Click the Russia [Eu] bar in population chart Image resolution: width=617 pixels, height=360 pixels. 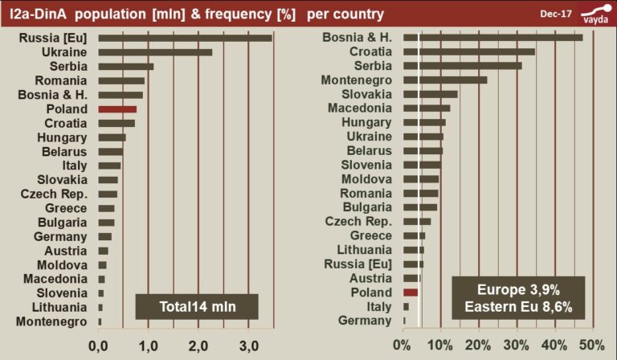(185, 38)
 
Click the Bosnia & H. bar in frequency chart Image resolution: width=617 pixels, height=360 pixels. (492, 38)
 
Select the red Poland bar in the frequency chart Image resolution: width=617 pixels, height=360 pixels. (411, 292)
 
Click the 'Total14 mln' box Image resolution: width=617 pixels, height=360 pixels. (196, 307)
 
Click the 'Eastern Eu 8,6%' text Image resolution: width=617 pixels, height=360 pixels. (518, 307)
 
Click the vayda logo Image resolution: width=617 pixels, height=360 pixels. (595, 14)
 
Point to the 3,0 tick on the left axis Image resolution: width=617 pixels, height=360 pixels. (251, 346)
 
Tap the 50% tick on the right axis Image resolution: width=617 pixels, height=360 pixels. (592, 346)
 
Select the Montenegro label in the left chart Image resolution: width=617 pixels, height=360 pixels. (60, 321)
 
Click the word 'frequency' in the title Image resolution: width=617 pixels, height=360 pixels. (232, 14)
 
